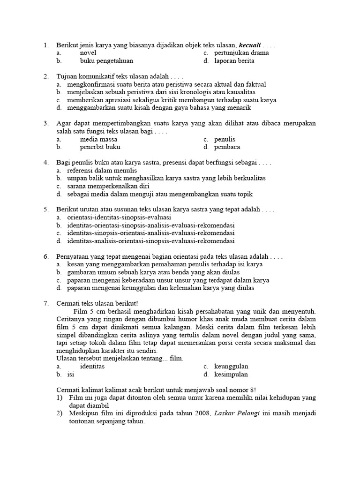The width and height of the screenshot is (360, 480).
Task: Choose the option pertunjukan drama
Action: pos(241,53)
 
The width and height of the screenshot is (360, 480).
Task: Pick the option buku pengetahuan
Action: pos(106,61)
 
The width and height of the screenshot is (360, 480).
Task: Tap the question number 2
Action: pos(46,76)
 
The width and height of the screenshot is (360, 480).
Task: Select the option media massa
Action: pos(98,139)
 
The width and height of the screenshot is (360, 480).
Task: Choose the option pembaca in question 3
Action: pos(227,147)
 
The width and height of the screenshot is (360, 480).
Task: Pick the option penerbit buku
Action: pos(100,147)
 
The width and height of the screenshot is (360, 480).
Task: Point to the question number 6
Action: pos(46,257)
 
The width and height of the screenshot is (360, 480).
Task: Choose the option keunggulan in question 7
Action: pos(231,366)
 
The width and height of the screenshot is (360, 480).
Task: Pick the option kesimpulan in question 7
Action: pos(231,374)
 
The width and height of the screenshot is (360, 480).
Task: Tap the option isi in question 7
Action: pos(71,374)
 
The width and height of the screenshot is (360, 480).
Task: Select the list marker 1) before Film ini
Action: pos(60,397)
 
